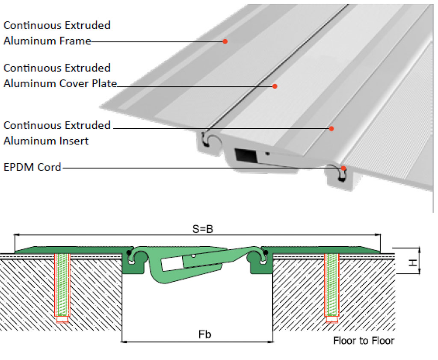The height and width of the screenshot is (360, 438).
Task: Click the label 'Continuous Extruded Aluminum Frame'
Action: tap(57, 33)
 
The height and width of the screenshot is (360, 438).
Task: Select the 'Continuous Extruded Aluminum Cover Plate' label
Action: tap(60, 76)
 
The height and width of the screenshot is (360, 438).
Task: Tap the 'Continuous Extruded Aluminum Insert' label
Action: tap(57, 133)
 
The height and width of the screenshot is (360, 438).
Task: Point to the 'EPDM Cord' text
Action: tap(33, 167)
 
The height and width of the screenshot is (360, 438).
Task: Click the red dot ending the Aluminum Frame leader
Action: tap(225, 41)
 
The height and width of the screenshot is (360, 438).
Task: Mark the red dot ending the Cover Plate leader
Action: tap(275, 86)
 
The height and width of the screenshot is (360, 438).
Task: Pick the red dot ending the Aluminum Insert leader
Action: tap(331, 128)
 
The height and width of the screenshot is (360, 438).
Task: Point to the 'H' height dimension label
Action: tap(413, 260)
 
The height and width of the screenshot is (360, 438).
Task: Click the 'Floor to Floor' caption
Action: tap(364, 341)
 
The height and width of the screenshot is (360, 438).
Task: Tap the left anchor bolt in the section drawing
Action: tap(62, 284)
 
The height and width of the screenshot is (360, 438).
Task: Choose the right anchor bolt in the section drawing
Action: tap(332, 284)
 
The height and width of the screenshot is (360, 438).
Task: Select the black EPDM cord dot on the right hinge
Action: tap(266, 253)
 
